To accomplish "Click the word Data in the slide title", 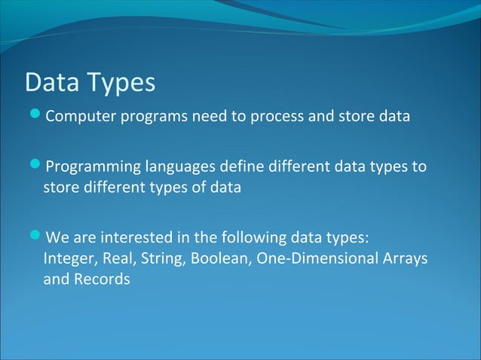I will pyautogui.click(x=52, y=82).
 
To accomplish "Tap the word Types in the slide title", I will pyautogui.click(x=121, y=84).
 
